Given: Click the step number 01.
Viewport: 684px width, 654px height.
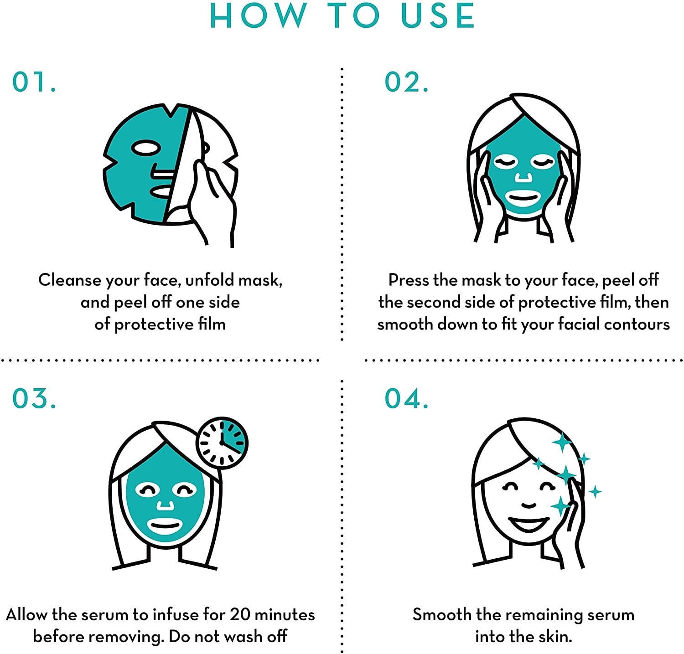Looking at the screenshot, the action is [34, 82].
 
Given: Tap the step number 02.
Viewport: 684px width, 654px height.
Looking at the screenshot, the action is [407, 82].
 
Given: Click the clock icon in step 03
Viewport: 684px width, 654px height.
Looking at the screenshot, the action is [222, 443].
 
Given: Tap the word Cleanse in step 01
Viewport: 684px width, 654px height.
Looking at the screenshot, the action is [70, 280].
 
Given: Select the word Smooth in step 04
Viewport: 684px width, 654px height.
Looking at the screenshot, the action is [442, 614].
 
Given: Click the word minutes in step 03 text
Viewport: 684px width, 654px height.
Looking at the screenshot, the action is [285, 614].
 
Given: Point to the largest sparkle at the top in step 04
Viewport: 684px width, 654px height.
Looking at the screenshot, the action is [562, 442].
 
